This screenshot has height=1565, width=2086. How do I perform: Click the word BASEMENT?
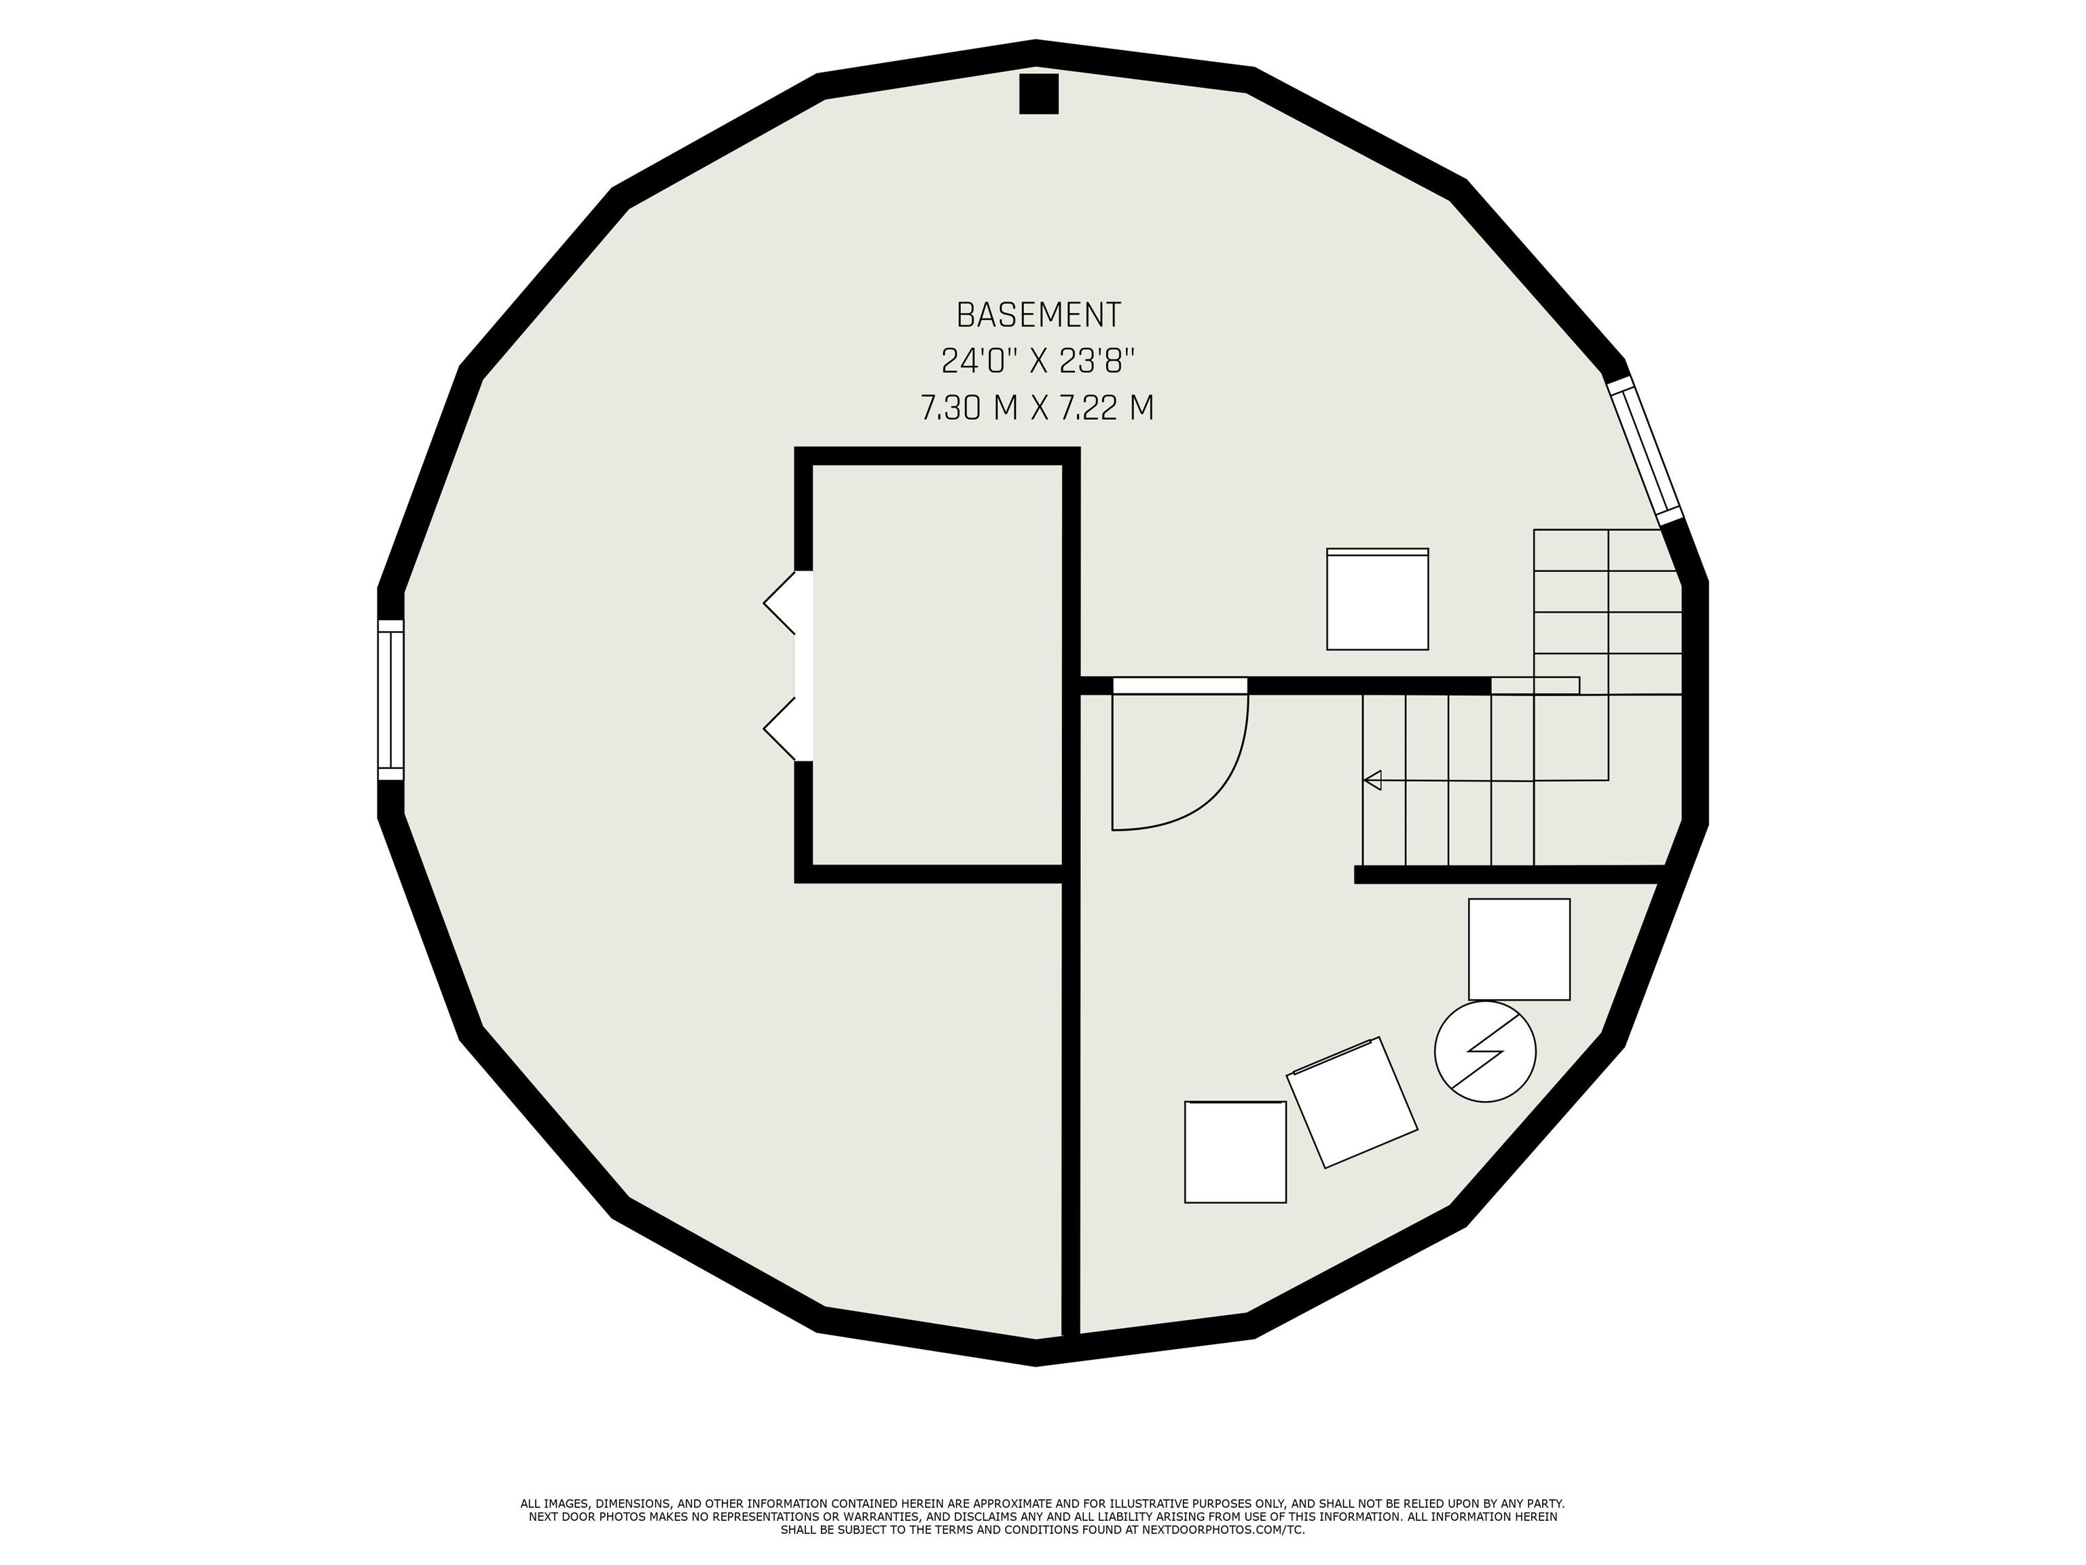[x=1038, y=314]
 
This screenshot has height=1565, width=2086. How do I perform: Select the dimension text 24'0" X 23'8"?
[x=1038, y=361]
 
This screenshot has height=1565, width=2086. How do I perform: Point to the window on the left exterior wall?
[x=390, y=700]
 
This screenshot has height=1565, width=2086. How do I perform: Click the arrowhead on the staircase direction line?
[x=1372, y=780]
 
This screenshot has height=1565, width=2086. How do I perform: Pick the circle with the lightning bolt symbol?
[x=1485, y=1051]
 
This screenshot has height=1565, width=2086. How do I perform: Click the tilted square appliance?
[x=1353, y=1102]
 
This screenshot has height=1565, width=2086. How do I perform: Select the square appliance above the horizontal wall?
[x=1378, y=599]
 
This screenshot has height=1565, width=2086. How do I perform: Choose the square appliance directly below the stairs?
[x=1519, y=949]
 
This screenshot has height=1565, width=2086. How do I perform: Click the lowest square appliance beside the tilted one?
[x=1235, y=1152]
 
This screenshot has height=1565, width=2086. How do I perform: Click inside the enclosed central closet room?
[x=937, y=665]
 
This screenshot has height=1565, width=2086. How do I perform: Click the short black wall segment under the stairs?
[x=1507, y=874]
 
